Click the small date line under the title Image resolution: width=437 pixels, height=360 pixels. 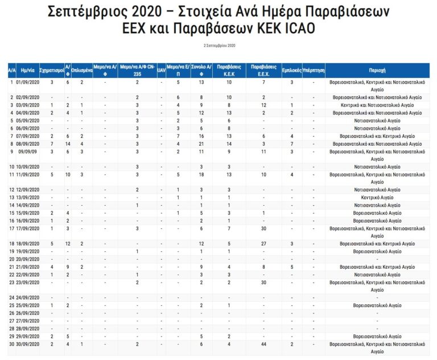[219, 45]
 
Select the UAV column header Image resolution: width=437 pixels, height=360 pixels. [161, 70]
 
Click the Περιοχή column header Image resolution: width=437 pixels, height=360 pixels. [378, 70]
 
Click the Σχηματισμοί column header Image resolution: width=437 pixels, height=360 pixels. [52, 70]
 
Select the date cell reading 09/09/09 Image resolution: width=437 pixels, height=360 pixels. [27, 152]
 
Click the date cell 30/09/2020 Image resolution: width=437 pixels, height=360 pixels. [27, 344]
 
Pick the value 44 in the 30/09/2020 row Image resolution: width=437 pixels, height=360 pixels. [263, 344]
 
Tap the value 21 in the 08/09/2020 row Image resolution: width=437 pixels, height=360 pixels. [201, 145]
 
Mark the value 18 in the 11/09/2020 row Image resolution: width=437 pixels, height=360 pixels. [201, 174]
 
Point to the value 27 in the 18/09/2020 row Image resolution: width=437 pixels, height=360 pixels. [263, 244]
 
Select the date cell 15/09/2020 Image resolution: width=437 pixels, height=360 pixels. [27, 213]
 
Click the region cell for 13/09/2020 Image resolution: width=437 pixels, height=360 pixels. [378, 198]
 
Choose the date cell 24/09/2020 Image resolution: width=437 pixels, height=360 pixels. [27, 298]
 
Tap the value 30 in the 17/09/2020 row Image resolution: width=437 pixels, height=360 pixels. [263, 228]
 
